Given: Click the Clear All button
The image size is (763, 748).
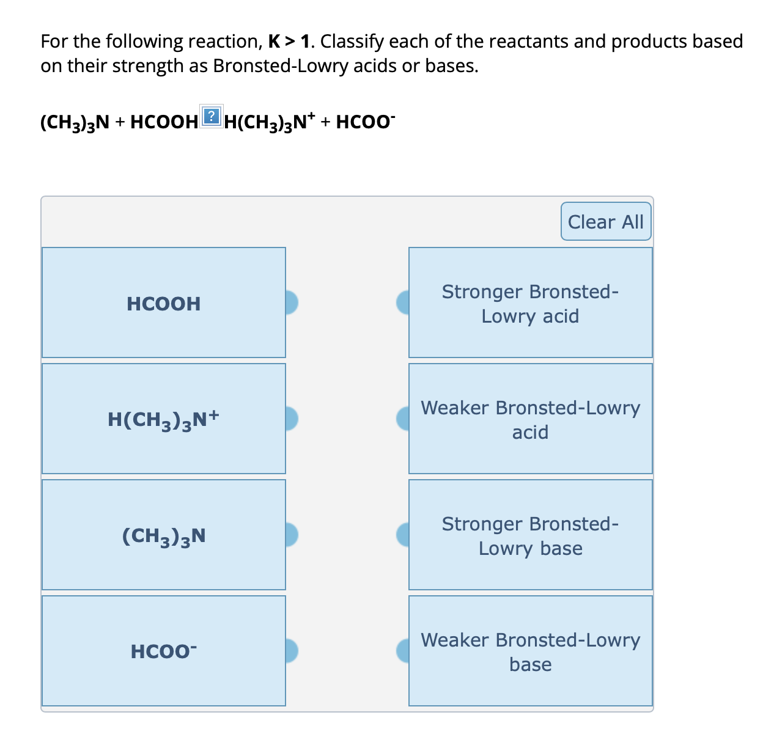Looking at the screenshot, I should [x=605, y=222].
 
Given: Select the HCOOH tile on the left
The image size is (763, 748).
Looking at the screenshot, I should [x=163, y=303].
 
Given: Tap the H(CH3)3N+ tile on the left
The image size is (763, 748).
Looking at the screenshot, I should [x=163, y=419].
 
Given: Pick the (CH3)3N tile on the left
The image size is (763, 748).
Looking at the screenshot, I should [x=163, y=535].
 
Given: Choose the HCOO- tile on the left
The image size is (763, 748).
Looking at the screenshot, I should [x=163, y=651].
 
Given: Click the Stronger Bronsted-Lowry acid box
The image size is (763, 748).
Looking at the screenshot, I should [x=530, y=303].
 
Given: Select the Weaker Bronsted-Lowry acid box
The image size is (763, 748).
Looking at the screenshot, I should [x=530, y=419].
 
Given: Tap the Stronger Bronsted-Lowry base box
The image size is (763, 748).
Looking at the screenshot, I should [x=530, y=535].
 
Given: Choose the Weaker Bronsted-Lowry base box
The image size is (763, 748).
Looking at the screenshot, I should [x=530, y=651].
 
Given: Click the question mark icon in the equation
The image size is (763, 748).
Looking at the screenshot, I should [x=211, y=116].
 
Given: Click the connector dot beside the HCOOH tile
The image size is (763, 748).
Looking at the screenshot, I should [x=291, y=302].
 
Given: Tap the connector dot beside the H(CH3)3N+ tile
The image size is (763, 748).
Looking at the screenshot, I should [x=291, y=419].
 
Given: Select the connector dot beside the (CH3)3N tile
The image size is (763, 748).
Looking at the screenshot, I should [x=291, y=534].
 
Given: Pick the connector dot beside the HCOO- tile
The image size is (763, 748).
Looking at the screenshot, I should [x=291, y=651].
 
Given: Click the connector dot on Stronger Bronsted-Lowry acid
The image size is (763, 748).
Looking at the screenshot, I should [x=403, y=302].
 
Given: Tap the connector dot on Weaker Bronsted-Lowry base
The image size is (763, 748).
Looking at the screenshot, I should [x=403, y=651].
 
